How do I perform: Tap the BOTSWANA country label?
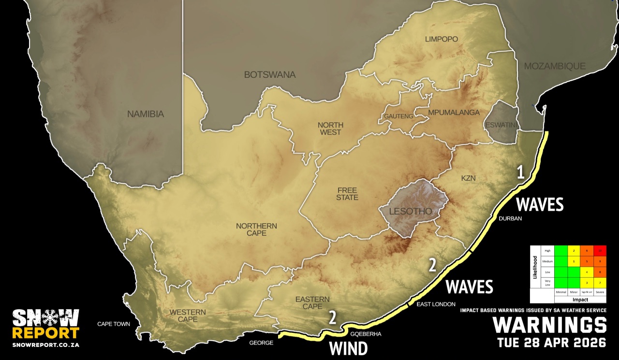pos(269,75)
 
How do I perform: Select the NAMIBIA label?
pos(146,115)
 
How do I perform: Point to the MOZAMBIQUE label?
pos(555,66)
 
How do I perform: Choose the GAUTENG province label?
pos(398,116)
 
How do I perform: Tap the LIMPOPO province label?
pos(441,39)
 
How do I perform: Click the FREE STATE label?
pos(347,194)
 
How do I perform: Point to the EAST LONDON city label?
pos(436,304)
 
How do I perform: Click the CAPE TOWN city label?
pos(114,324)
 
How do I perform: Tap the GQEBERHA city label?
pos(365,333)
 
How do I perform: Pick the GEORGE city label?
pos(261,343)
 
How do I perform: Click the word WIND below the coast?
pos(348,348)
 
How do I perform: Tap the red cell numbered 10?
pos(600,250)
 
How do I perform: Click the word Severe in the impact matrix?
pos(600,292)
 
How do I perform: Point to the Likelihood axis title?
pos(535,267)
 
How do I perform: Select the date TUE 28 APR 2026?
pos(551,343)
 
